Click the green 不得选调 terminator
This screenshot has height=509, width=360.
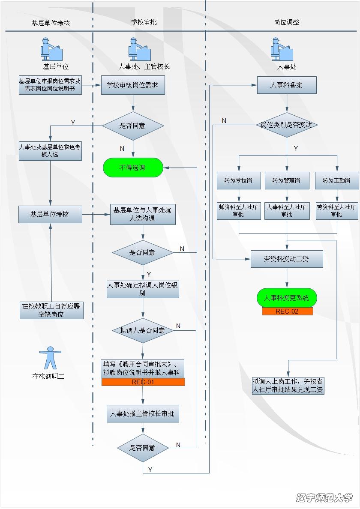(x=133, y=168)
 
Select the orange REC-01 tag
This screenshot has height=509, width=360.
(x=143, y=382)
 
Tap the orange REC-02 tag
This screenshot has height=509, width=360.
(x=287, y=311)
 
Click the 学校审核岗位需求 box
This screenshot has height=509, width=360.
(x=133, y=85)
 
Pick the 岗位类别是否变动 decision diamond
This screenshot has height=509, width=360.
(x=287, y=125)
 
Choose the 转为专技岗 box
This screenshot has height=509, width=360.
(x=239, y=180)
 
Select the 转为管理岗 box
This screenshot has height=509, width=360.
(x=286, y=180)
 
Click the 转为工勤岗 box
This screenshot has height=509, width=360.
(x=336, y=180)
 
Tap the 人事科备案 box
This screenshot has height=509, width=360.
(x=287, y=85)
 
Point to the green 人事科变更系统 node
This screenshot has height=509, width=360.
(x=287, y=298)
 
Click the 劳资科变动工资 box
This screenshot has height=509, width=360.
(x=287, y=259)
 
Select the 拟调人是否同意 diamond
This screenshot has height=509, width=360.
(x=143, y=330)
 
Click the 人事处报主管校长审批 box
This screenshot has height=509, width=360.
(x=143, y=414)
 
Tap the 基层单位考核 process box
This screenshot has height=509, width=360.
(x=50, y=214)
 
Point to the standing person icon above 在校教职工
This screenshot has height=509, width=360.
(x=50, y=358)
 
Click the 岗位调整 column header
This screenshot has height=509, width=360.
(x=286, y=22)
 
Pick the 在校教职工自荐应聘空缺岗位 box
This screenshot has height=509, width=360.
(x=51, y=310)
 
